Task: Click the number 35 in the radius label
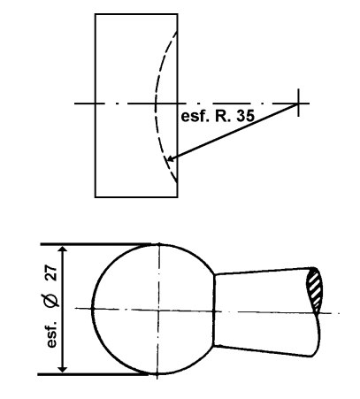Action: click(x=245, y=116)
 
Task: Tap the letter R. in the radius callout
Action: click(x=222, y=116)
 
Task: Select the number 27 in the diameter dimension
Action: click(x=52, y=272)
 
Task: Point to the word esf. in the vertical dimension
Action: click(x=52, y=334)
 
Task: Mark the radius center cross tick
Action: click(x=298, y=103)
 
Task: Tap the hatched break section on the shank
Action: click(x=315, y=289)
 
